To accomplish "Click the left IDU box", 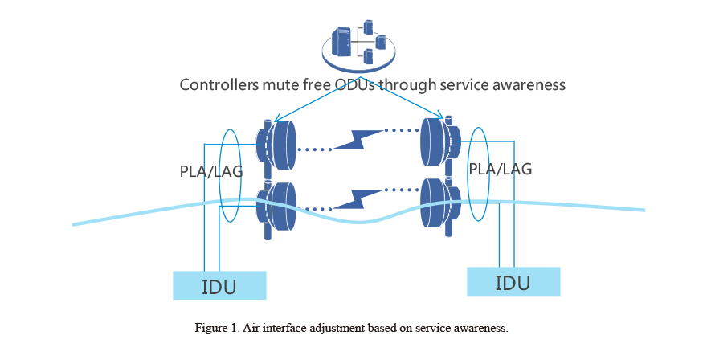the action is coord(219,285).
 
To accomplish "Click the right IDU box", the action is coord(513,281).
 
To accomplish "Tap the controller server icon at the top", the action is coord(358,45).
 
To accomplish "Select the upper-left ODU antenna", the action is coord(276,145).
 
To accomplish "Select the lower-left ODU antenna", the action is coord(276,207).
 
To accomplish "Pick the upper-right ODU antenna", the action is coord(440,141).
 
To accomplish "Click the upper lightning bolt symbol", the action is coord(358,139).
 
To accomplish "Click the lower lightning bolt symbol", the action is coord(358,199).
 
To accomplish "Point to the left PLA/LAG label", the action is coord(211,171).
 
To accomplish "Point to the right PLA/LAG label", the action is coord(500,169).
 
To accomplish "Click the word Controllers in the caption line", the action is coord(219,84).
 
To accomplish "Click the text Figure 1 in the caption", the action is coord(216,328).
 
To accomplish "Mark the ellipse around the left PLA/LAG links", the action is coord(219,175).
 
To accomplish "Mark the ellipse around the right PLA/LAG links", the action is coord(468,174).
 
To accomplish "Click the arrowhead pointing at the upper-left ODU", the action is coord(278,119).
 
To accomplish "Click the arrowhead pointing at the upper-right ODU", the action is coord(440,115).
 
